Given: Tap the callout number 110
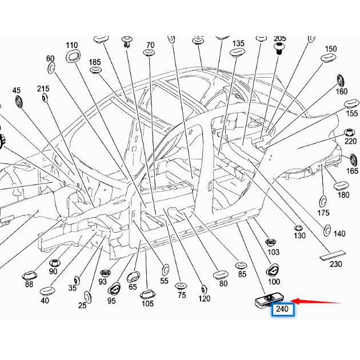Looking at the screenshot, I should pos(71,46).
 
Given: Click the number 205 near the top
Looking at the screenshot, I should pos(280,39).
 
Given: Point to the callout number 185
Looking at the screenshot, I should pos(95,62).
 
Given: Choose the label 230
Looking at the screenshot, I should pos(335,264).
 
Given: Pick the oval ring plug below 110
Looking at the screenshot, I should pos(73,57).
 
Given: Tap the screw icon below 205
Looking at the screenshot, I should pos(280,50).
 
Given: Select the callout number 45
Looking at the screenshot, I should pos(16,91).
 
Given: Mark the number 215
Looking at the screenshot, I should pos(43,89).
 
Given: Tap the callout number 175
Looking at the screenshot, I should pos(323,213).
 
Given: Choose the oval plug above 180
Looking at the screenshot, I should pos(341,185).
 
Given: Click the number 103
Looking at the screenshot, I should pos(274,252).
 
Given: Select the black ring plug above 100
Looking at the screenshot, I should pos(273,270).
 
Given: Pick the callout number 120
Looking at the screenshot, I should pos(204,298).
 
